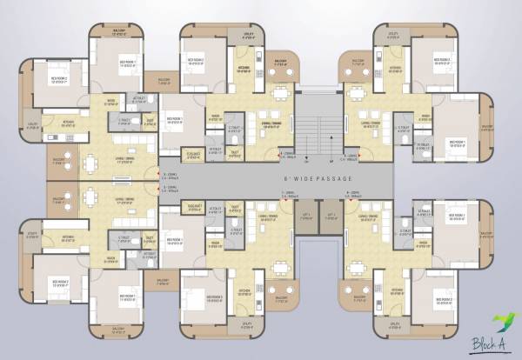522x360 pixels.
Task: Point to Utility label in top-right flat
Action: coord(393,36)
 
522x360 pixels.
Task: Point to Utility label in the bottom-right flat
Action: coord(393,323)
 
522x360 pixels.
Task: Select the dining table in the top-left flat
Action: coord(91,162)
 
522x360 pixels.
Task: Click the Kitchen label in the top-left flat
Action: coord(69,121)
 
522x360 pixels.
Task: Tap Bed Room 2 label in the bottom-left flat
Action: coord(59,283)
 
